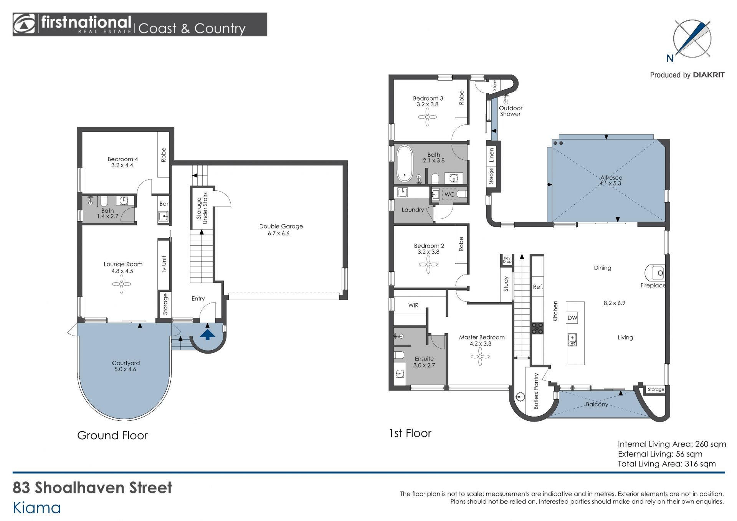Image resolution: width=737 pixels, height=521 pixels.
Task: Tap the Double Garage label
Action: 281,227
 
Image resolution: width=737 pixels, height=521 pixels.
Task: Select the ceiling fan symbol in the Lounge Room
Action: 122,284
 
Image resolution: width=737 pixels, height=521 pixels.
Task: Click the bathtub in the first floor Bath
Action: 404,163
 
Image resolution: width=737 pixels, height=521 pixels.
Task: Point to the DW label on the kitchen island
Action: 572,318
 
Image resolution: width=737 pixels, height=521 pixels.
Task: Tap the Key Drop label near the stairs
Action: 507,260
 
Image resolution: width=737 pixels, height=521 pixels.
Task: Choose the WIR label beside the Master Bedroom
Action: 413,306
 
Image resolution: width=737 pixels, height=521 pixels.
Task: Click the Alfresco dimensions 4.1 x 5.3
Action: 611,184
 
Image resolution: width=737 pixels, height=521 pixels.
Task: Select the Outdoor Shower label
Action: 511,111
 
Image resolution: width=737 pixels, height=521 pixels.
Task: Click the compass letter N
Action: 670,58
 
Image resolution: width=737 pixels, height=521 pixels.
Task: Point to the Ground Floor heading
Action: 112,435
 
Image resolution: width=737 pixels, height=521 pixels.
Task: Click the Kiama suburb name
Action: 37,508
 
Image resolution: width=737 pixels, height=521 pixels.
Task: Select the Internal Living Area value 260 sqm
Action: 711,444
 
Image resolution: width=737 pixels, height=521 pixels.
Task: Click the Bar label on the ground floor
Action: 164,204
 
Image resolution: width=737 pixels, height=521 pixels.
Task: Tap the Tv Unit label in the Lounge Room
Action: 164,265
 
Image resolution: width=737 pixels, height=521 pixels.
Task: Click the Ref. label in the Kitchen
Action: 538,287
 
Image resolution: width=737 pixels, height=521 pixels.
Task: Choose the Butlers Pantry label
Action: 536,391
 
